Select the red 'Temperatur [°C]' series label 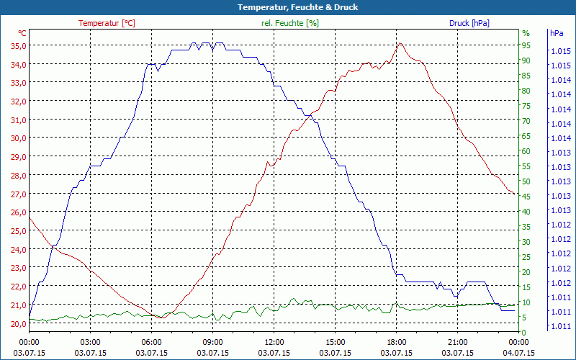click(x=107, y=23)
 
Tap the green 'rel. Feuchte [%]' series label click(x=289, y=23)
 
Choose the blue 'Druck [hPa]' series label click(x=469, y=23)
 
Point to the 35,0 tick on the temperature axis click(x=17, y=45)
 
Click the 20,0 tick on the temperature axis click(x=17, y=323)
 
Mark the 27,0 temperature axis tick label click(x=17, y=194)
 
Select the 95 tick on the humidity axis click(x=526, y=45)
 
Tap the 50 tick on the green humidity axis click(x=526, y=181)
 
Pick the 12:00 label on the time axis click(x=274, y=342)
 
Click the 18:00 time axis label click(x=397, y=342)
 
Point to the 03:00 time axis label click(x=90, y=342)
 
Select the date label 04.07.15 click(x=519, y=353)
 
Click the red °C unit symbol click(x=22, y=33)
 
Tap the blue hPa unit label click(x=557, y=33)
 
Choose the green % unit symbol click(x=526, y=33)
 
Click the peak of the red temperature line click(x=400, y=43)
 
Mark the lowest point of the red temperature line click(x=163, y=318)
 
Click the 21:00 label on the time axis click(x=458, y=342)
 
